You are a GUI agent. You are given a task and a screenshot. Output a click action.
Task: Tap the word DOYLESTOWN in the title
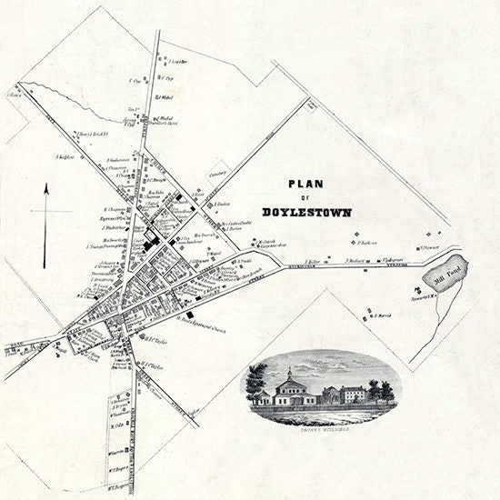305,212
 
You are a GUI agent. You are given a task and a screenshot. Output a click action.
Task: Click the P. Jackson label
367,243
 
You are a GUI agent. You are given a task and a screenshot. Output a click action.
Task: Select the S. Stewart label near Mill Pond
432,245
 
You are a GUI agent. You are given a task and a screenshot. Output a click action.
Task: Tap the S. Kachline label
64,156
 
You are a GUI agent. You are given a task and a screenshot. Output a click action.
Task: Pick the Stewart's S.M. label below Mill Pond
420,297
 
